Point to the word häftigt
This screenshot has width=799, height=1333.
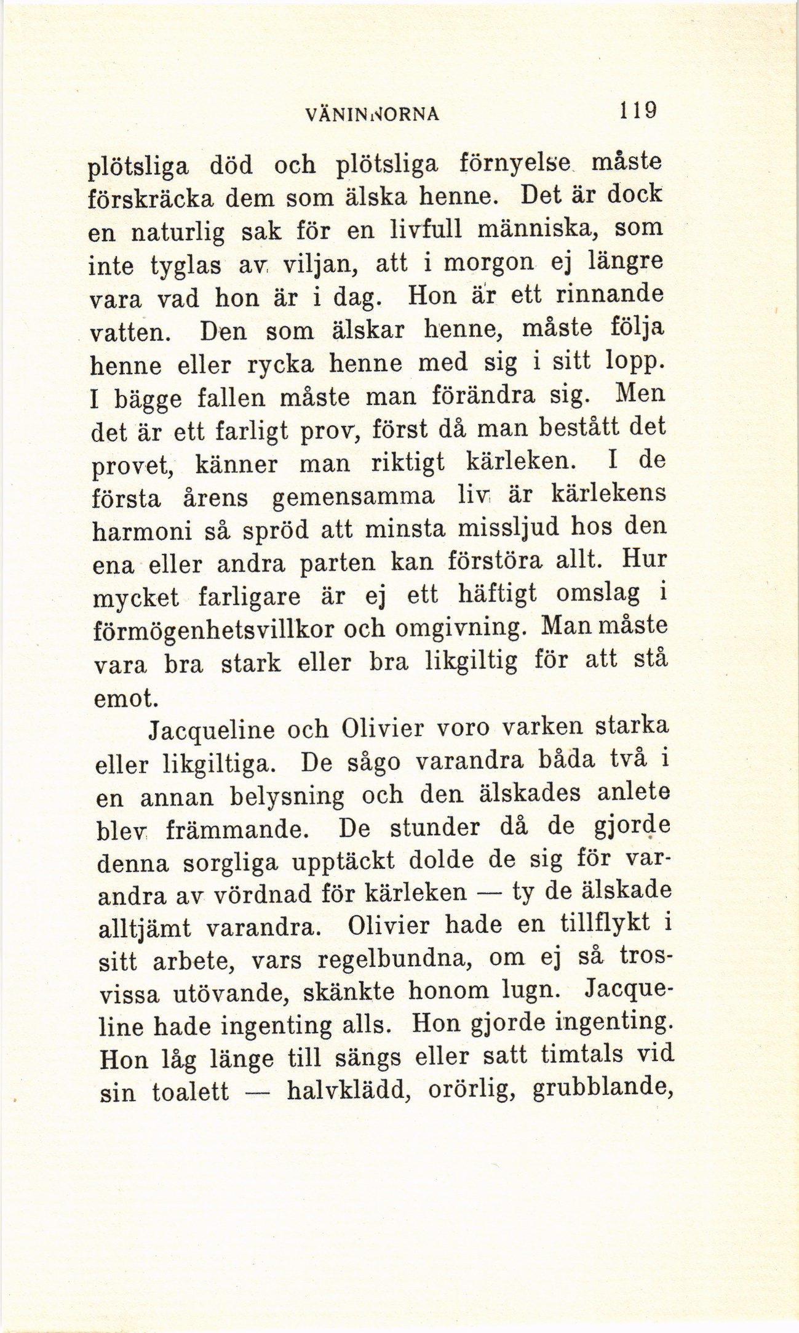click(x=498, y=595)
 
